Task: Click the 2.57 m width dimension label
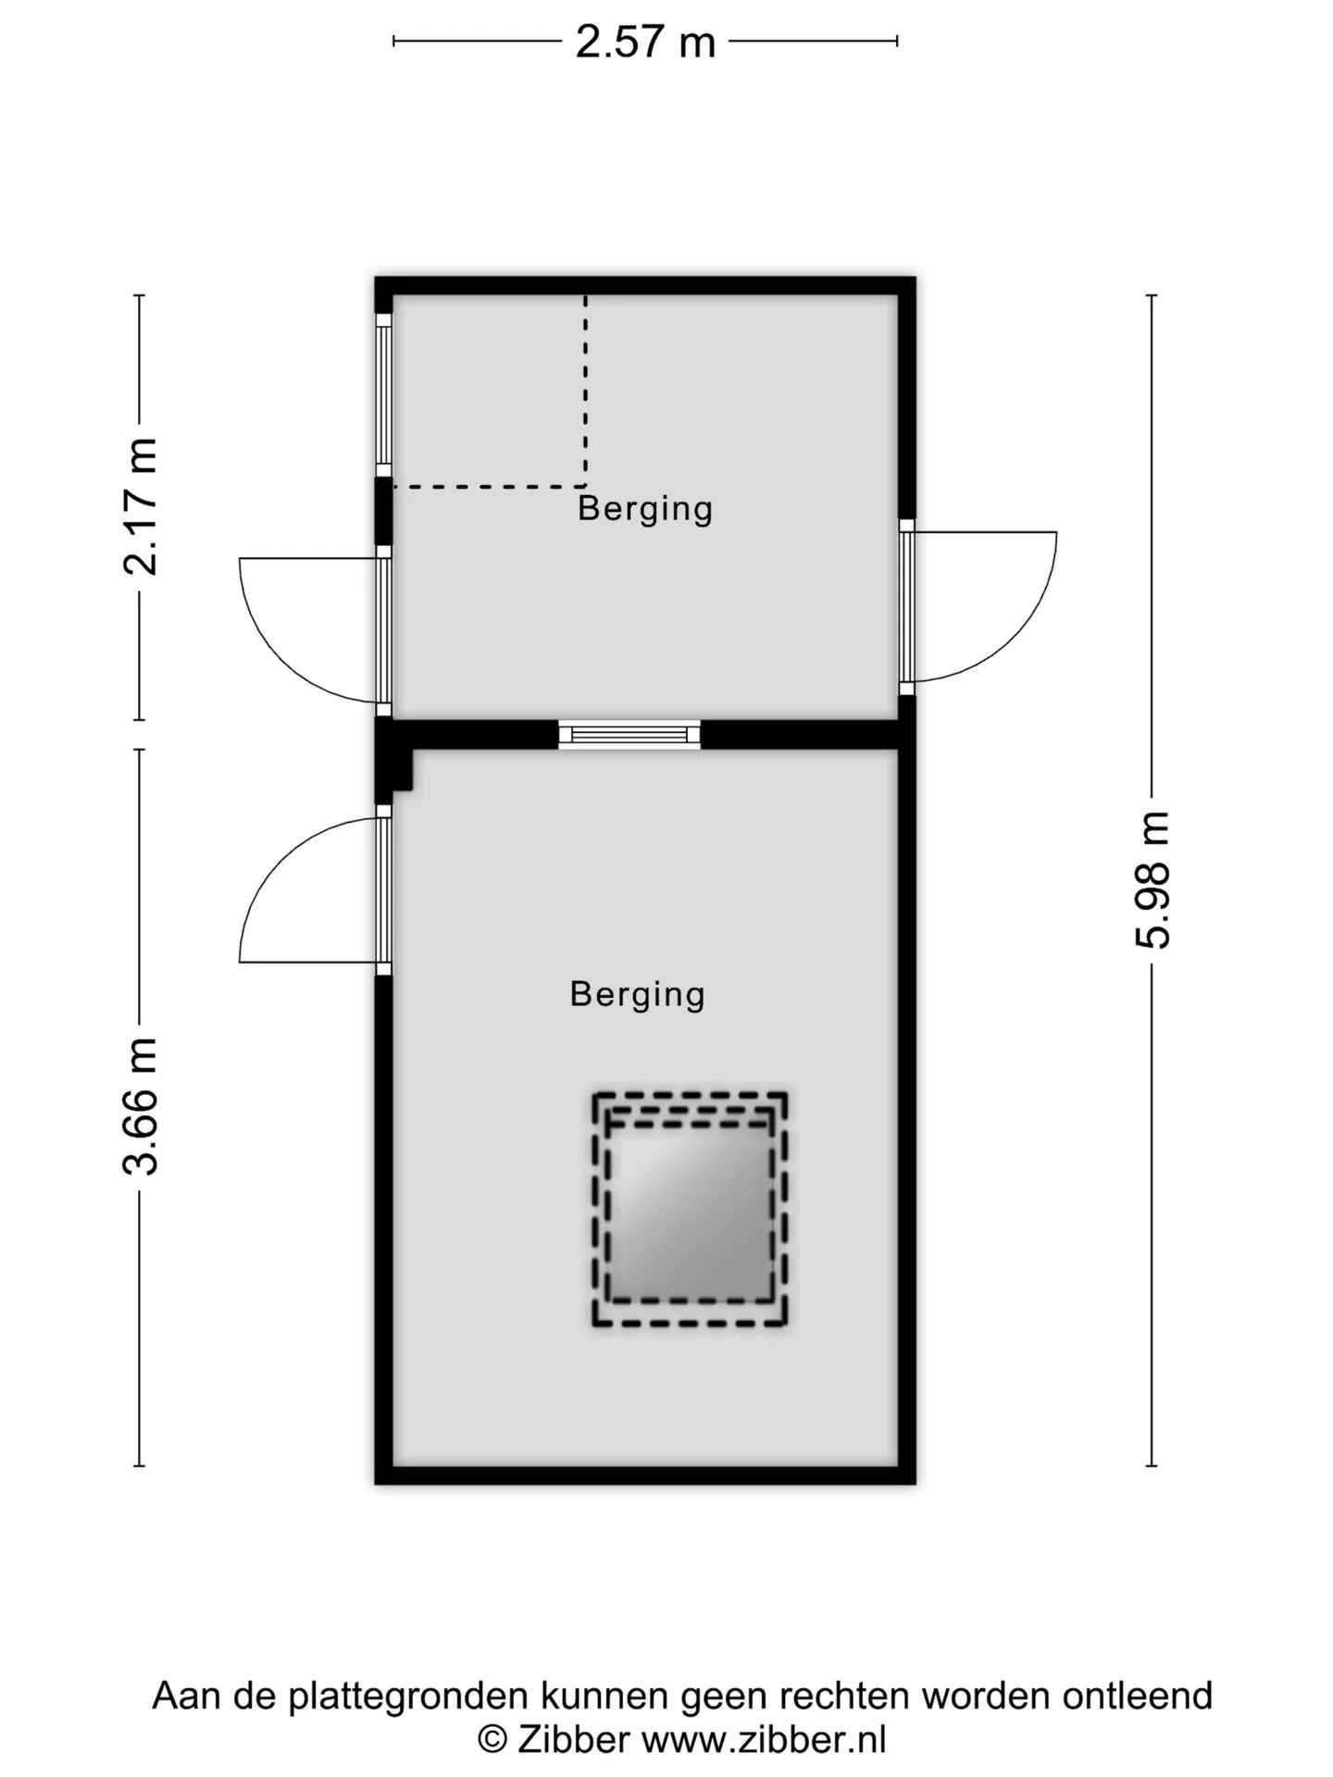tap(645, 42)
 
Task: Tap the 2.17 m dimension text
tap(142, 506)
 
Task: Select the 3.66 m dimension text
tap(142, 1106)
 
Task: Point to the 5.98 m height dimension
tap(1153, 880)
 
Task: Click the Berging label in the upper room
tap(645, 508)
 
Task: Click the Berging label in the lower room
tap(638, 994)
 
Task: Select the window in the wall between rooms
tap(629, 735)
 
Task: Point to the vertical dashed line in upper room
tap(585, 391)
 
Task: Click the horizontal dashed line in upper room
tap(489, 486)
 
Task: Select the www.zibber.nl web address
tap(764, 1739)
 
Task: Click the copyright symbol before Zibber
tap(492, 1740)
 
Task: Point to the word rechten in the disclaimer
tap(844, 1696)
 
